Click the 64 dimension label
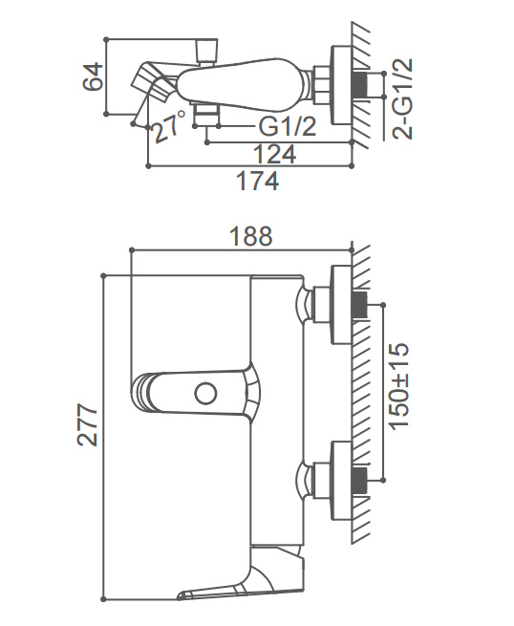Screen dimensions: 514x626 point(93,76)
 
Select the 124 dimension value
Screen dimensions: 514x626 point(274,154)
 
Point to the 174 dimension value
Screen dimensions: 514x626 point(257,181)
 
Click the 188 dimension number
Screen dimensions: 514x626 point(251,236)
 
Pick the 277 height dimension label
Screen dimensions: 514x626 point(87,424)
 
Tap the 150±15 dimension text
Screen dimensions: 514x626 point(399,386)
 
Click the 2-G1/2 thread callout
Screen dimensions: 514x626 point(402,99)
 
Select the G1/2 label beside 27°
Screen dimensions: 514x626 point(288,126)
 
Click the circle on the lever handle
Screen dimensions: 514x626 point(205,394)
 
